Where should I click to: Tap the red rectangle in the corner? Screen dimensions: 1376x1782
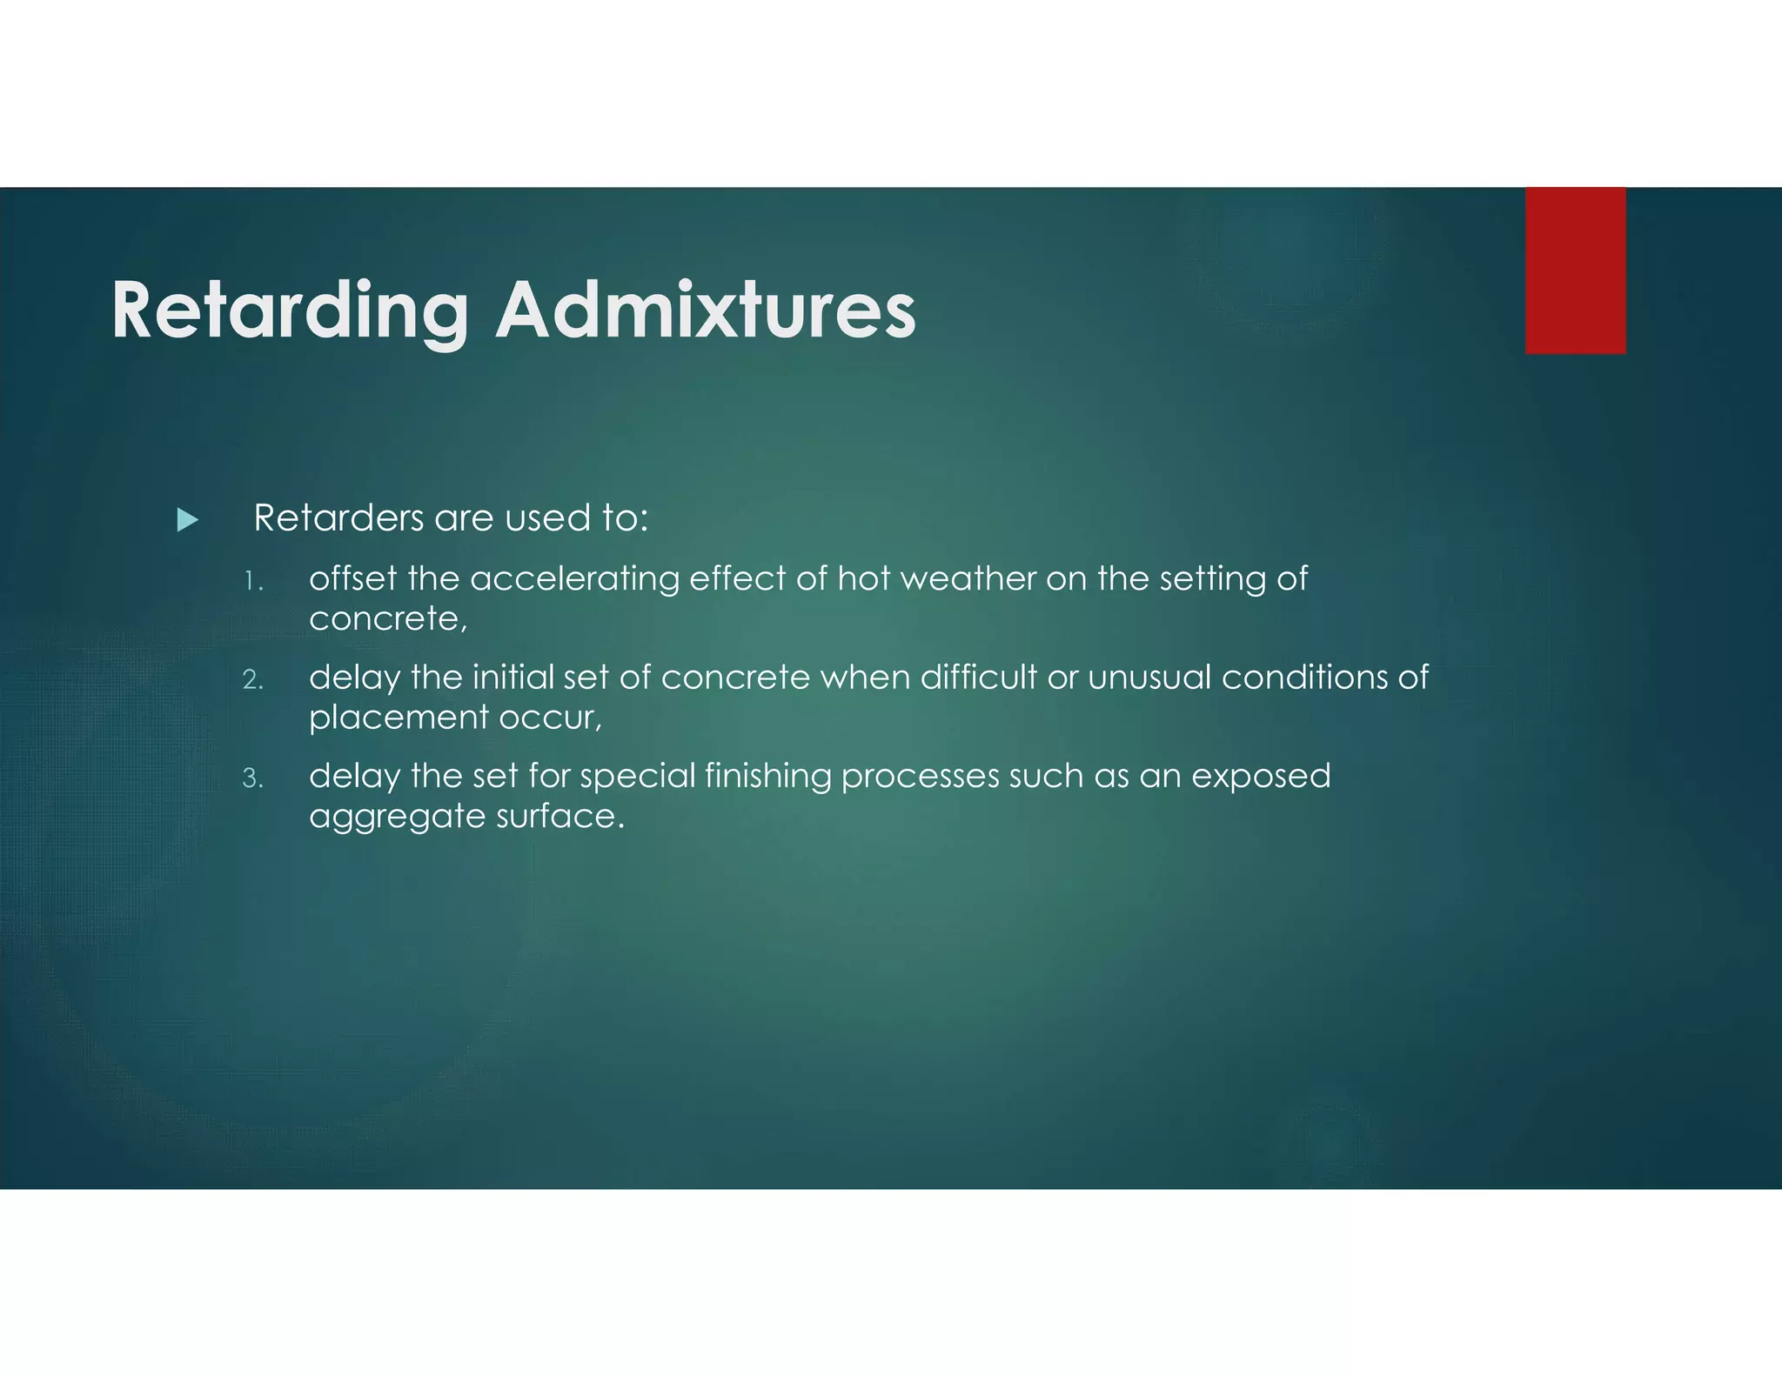[x=1575, y=271]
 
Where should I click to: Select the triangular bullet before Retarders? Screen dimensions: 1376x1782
[x=187, y=520]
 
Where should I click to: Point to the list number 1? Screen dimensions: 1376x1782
[x=251, y=581]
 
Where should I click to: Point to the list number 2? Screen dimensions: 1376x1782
[x=252, y=679]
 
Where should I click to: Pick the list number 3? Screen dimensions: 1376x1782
[x=252, y=778]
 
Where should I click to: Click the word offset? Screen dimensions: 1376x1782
[x=353, y=578]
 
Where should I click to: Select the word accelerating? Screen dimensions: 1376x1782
[x=574, y=578]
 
